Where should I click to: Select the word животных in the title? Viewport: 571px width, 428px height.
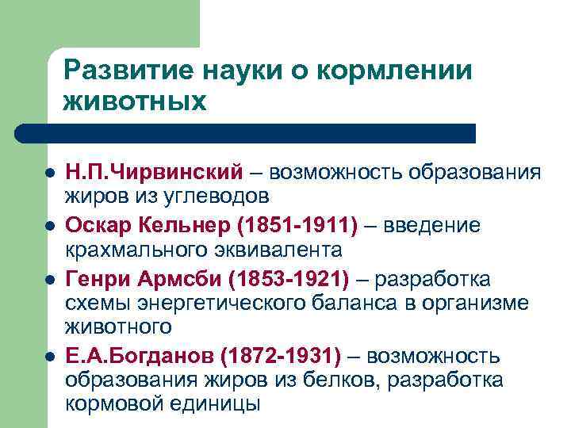pyautogui.click(x=136, y=101)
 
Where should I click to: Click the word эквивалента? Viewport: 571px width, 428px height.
pyautogui.click(x=281, y=250)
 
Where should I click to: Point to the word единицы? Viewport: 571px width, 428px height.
pyautogui.click(x=214, y=403)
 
